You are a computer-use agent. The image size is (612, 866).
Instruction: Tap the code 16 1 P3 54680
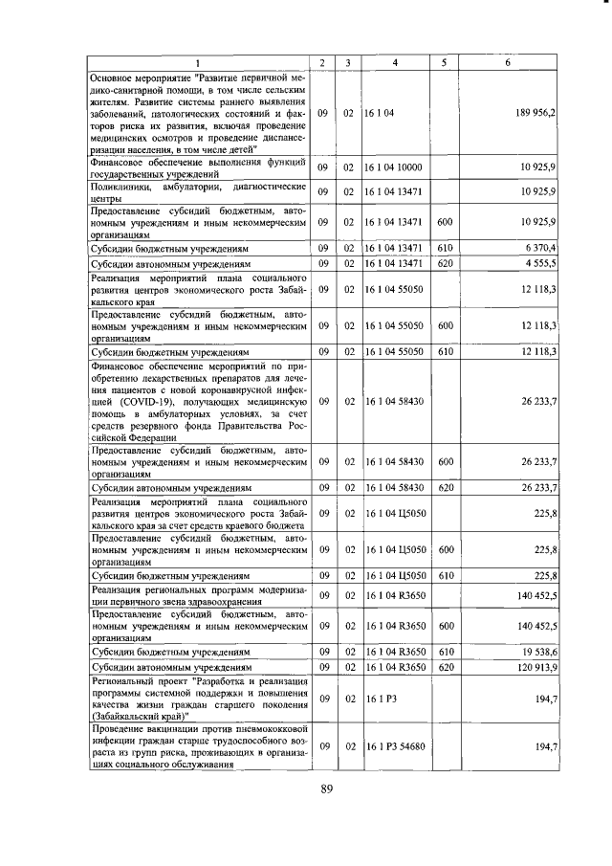click(x=396, y=745)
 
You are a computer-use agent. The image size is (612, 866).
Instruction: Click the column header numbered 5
click(x=444, y=63)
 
